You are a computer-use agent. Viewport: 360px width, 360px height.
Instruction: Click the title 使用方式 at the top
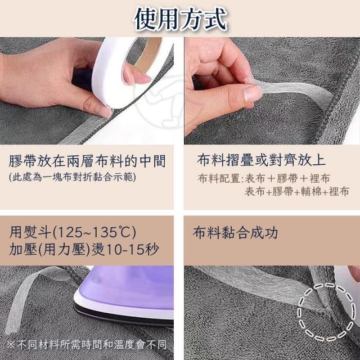click(181, 19)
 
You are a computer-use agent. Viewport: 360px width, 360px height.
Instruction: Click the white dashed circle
click(326, 312)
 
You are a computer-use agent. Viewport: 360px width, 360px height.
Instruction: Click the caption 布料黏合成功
click(235, 233)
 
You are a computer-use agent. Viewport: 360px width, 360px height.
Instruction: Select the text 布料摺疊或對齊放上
click(261, 160)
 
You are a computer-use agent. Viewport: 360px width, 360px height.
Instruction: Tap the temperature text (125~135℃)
click(94, 232)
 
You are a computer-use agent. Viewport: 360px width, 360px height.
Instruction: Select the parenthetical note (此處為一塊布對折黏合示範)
click(73, 177)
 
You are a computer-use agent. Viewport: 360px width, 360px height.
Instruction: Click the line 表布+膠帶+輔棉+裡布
click(297, 191)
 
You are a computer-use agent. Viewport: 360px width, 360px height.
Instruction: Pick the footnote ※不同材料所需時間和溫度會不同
click(86, 344)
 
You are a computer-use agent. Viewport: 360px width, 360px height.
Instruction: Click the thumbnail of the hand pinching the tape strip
click(272, 91)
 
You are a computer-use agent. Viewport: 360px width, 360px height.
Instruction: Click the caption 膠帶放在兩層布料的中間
click(87, 161)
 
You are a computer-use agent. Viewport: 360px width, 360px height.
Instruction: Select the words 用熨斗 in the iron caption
click(30, 232)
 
